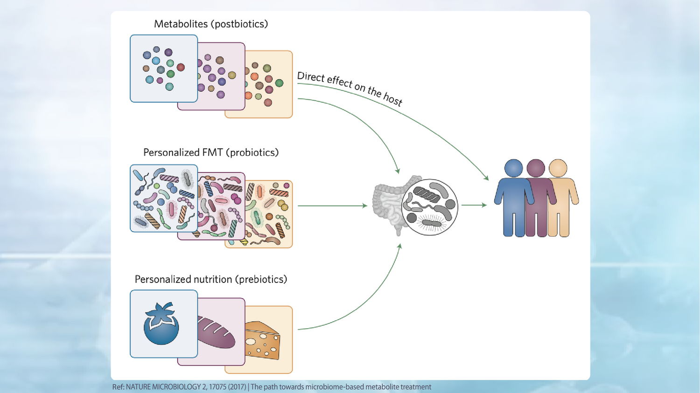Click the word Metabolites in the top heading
click(181, 24)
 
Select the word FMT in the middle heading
click(212, 152)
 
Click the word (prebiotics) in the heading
click(261, 279)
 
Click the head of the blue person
click(514, 168)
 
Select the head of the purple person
click(536, 168)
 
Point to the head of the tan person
click(558, 168)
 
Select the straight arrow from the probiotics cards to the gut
click(331, 206)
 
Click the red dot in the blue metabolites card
click(181, 67)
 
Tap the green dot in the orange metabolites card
click(279, 83)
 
